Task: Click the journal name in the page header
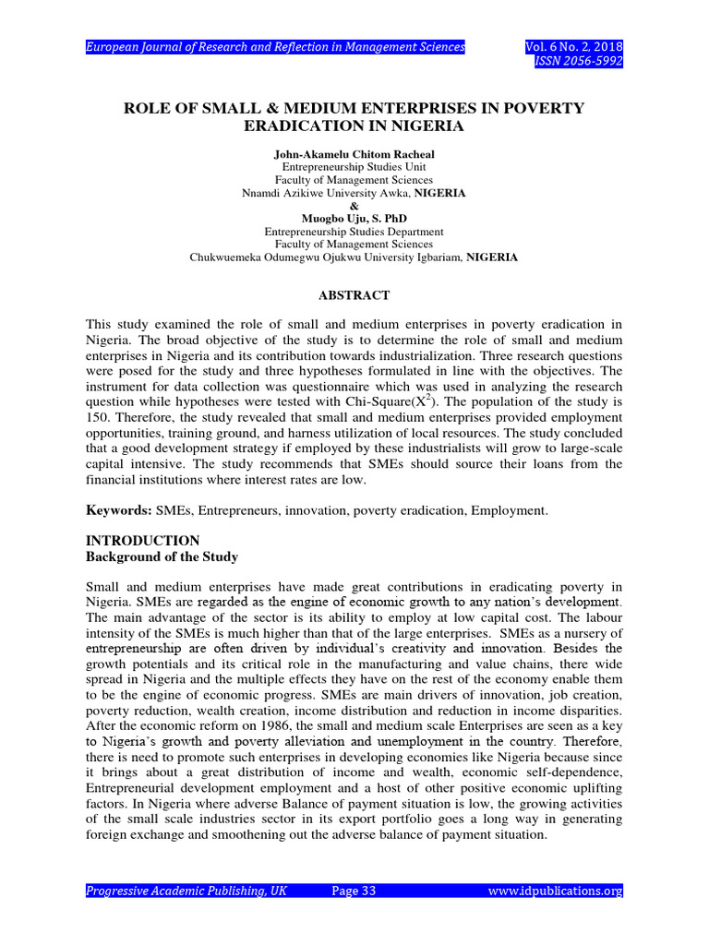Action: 275,47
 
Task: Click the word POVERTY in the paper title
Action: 538,108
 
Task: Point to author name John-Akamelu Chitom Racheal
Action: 354,153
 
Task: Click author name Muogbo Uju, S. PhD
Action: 354,219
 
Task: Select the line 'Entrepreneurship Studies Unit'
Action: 354,167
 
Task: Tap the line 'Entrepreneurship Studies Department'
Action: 354,232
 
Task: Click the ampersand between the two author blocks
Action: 354,206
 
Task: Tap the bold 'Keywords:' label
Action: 118,509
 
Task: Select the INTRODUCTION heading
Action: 142,541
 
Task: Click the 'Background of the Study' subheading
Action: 162,556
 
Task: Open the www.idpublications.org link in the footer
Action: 555,891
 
